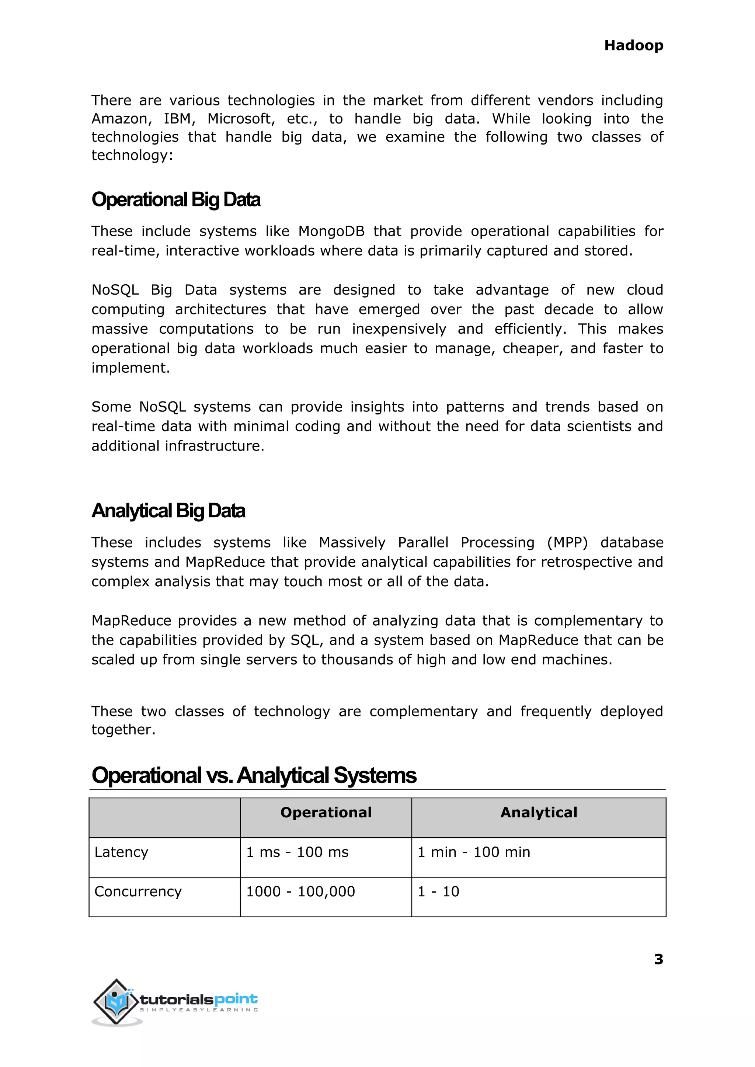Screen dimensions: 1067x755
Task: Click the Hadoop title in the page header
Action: pyautogui.click(x=633, y=46)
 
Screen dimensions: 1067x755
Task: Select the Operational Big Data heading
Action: pyautogui.click(x=176, y=200)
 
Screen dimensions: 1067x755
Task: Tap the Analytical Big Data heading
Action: pyautogui.click(x=168, y=511)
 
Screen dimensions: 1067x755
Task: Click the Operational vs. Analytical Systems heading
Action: pyautogui.click(x=254, y=775)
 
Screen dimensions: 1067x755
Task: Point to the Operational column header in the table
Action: pyautogui.click(x=326, y=812)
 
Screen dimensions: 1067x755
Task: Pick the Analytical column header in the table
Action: pyautogui.click(x=538, y=812)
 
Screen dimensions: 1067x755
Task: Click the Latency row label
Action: pyautogui.click(x=121, y=852)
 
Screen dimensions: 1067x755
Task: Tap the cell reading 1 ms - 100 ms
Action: pyautogui.click(x=297, y=852)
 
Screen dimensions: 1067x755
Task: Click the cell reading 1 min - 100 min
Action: pyautogui.click(x=474, y=852)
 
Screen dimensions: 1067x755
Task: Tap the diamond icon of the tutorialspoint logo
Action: pyautogui.click(x=116, y=1001)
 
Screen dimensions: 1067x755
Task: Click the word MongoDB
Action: pyautogui.click(x=331, y=231)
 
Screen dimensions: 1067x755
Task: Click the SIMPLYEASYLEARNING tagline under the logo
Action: pyautogui.click(x=199, y=1010)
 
